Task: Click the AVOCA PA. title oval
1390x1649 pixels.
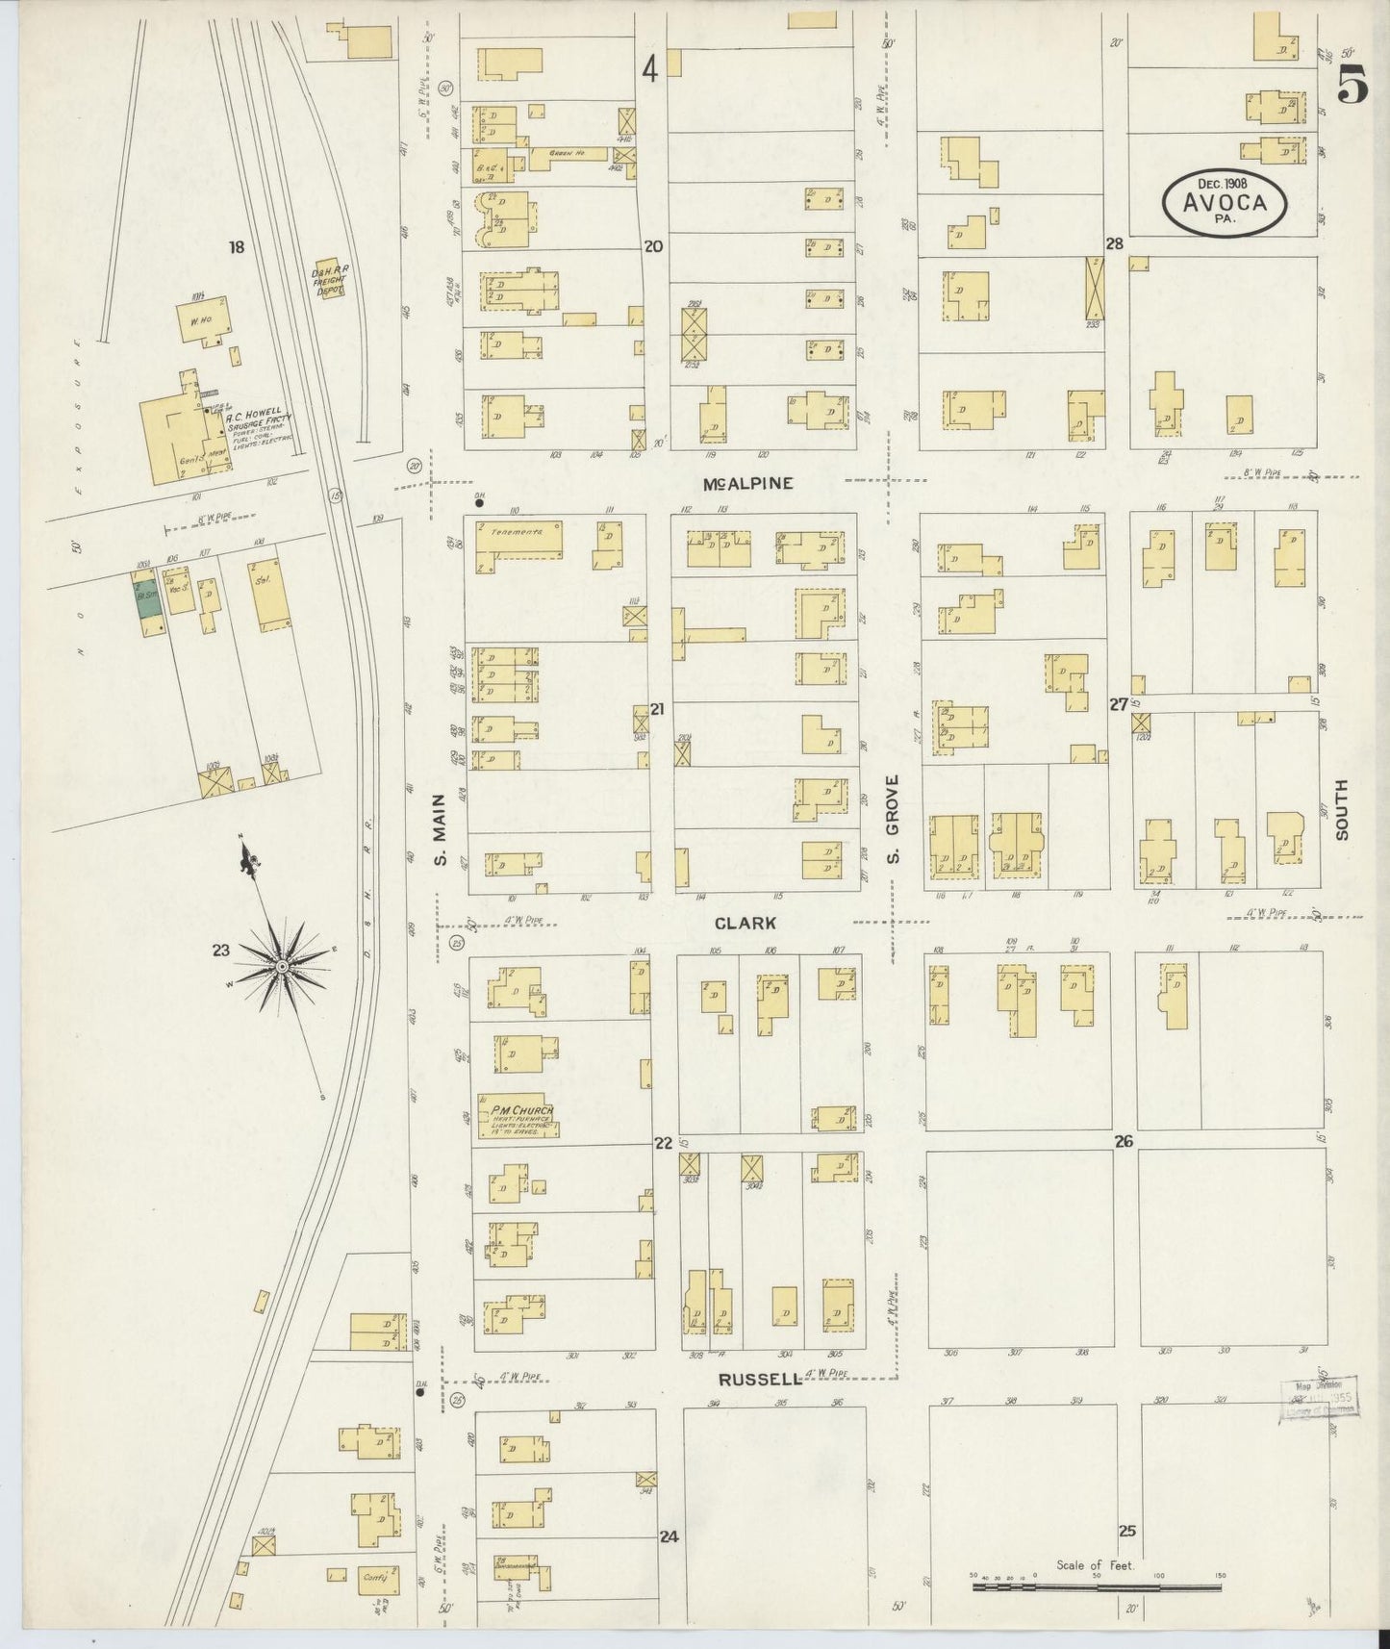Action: [x=1226, y=200]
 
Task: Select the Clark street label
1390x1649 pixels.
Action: [x=745, y=924]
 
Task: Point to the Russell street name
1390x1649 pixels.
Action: [x=759, y=1378]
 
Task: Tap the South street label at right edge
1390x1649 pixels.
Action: [x=1341, y=810]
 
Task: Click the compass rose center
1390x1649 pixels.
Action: [x=282, y=965]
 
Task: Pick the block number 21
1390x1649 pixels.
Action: [x=657, y=709]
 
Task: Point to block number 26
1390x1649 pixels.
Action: [x=1124, y=1142]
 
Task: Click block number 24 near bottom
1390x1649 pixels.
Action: [x=669, y=1536]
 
